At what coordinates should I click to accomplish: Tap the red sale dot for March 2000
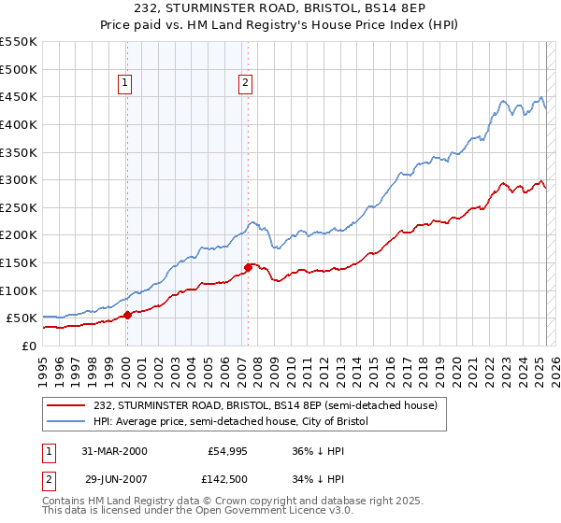pos(127,315)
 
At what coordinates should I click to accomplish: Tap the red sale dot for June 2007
pos(248,267)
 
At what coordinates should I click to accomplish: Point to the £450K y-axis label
pos(18,96)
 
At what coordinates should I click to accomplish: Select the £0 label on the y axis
pos(29,346)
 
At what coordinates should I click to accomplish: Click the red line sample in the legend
pos(67,406)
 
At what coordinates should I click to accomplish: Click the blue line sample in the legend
pos(67,422)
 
